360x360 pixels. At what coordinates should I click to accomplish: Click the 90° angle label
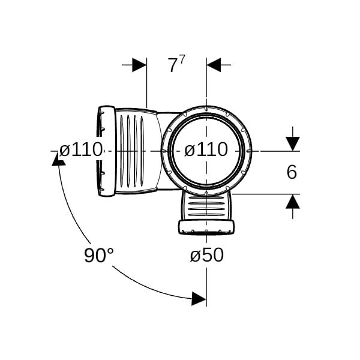tap(99, 256)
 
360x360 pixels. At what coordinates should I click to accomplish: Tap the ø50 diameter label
tap(207, 255)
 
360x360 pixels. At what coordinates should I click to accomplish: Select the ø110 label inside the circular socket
tap(206, 149)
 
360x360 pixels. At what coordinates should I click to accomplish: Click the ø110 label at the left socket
tap(80, 149)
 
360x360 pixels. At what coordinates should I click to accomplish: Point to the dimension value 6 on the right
tap(292, 172)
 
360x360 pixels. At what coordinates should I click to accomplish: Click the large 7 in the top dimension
tap(172, 65)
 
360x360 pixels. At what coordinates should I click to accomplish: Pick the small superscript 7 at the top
tap(182, 60)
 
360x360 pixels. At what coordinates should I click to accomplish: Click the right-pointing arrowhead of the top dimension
tap(139, 65)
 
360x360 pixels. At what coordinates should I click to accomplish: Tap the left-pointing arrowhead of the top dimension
tap(214, 65)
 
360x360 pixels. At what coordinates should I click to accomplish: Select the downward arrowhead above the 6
tap(293, 144)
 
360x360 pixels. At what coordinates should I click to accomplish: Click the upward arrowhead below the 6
tap(293, 201)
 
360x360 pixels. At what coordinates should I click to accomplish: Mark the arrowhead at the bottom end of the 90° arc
tap(199, 299)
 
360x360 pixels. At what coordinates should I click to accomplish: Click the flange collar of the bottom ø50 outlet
tap(206, 227)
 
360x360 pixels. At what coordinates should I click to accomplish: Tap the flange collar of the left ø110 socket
tap(107, 151)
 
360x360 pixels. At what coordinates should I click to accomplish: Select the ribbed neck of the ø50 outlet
tap(206, 206)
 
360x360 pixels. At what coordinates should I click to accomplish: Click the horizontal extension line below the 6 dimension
tap(266, 194)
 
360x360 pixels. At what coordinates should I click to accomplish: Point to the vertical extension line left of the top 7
tap(146, 83)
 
